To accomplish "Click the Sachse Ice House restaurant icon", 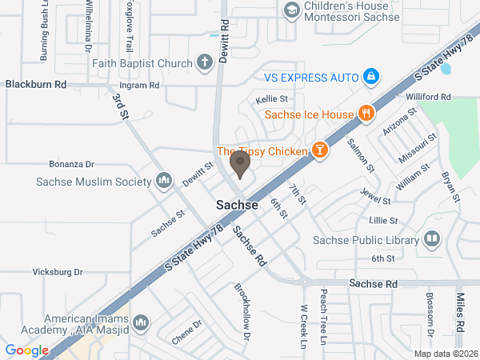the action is [x=366, y=114].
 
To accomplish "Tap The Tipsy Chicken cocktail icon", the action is [x=320, y=151].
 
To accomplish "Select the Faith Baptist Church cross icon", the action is [x=205, y=62].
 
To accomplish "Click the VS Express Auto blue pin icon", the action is [x=370, y=77].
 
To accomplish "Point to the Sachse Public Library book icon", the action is [x=432, y=239].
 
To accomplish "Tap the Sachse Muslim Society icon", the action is [x=165, y=181].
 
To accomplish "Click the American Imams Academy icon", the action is [x=142, y=322].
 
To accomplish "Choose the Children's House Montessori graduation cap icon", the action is [x=291, y=10].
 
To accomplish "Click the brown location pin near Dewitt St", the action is [x=239, y=164].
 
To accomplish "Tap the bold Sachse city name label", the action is [x=238, y=205].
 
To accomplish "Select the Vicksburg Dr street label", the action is [x=58, y=272].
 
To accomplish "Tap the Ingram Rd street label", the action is [x=140, y=84].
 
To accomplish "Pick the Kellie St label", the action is [x=266, y=99].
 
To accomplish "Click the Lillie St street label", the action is [x=382, y=219].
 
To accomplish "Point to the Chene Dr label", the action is [x=186, y=331].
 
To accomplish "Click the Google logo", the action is [x=27, y=350].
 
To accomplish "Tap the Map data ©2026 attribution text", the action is [x=446, y=353].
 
